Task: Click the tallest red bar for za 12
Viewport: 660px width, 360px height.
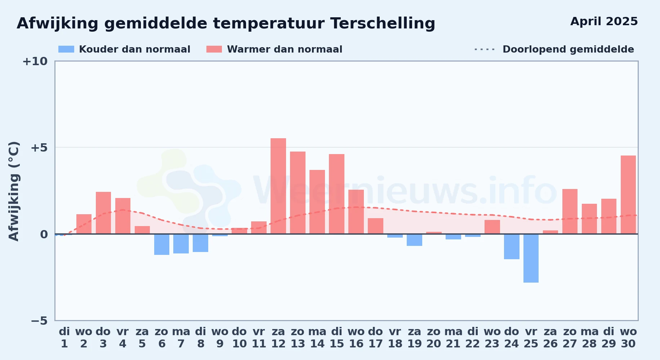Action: [278, 186]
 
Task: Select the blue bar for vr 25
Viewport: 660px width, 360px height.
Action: [531, 258]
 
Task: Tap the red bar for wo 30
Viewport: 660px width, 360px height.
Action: [628, 195]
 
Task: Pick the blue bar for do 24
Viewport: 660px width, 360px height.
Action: [512, 247]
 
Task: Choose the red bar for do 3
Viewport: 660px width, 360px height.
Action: [103, 213]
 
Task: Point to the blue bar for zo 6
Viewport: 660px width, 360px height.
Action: [162, 244]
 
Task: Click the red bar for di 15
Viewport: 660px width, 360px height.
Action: [336, 194]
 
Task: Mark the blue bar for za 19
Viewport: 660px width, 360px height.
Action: [414, 240]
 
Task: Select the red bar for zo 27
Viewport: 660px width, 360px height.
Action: [570, 211]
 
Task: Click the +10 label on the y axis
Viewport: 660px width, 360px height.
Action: [35, 61]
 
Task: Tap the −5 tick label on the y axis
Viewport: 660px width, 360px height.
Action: [39, 321]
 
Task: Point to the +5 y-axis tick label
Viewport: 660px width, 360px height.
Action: [39, 148]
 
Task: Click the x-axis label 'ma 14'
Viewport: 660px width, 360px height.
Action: [317, 338]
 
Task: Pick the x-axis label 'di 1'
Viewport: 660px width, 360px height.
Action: [64, 338]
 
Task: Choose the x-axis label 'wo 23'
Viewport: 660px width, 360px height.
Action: [492, 338]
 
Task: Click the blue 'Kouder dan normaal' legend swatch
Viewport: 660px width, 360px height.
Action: [66, 49]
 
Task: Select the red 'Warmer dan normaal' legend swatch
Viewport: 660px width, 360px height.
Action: [214, 49]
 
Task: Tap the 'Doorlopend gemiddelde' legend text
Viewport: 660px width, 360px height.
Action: [568, 49]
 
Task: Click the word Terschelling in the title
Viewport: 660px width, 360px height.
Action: [383, 24]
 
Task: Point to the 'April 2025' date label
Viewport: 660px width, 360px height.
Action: [604, 22]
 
